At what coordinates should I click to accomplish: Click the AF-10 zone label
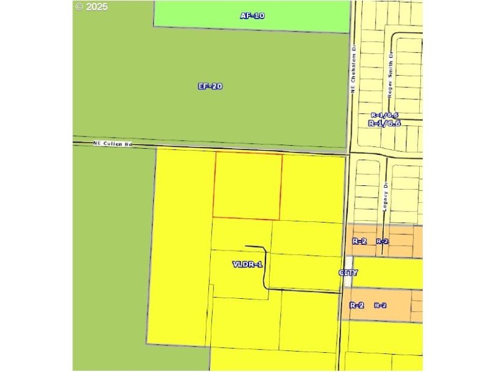coord(252,15)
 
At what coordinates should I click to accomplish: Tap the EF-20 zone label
coord(210,86)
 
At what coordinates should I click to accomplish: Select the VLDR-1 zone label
coord(247,264)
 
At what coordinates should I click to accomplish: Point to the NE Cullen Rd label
coord(113,144)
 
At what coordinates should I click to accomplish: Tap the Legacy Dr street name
coord(385,198)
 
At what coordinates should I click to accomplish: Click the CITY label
coord(348,273)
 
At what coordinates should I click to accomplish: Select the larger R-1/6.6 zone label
coord(384,123)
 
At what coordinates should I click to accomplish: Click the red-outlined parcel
coord(247,186)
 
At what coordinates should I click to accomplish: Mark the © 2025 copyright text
coord(91,7)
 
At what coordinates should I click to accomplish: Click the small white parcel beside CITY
coord(349,264)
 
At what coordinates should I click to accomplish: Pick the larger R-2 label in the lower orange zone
coord(356,305)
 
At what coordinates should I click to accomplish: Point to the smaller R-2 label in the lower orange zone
coord(380,305)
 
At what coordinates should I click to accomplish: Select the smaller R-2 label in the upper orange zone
coord(382,241)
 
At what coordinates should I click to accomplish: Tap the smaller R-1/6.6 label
coord(384,115)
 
